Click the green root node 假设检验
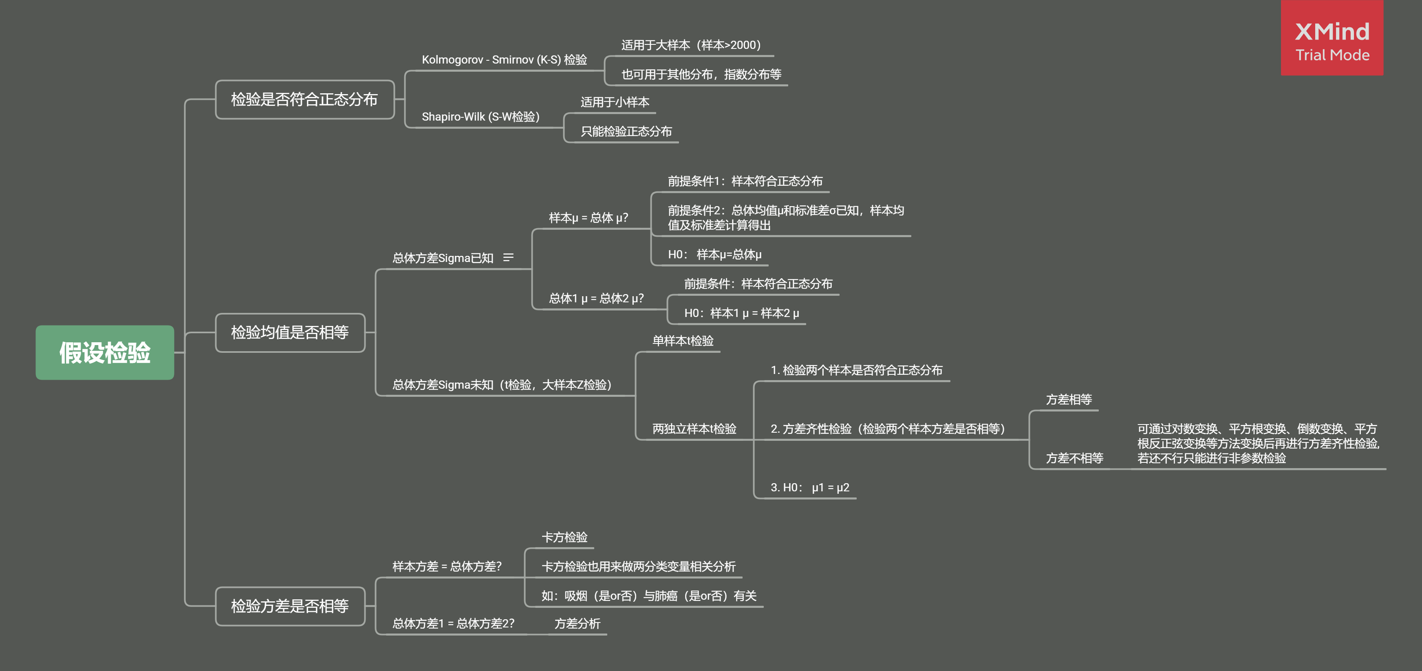[105, 352]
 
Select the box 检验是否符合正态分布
[304, 99]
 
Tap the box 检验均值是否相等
[290, 332]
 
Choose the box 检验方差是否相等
[290, 606]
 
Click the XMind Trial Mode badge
[1332, 39]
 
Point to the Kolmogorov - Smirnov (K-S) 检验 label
[504, 59]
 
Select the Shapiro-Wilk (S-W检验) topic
[480, 117]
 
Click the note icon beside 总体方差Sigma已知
[508, 258]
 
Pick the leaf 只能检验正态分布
[626, 131]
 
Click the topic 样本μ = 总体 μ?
[589, 218]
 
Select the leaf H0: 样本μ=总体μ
[714, 254]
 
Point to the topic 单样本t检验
[683, 341]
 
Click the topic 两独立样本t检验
[694, 429]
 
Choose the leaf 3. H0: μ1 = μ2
[809, 487]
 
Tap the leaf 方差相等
[1069, 400]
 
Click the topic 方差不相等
[1074, 458]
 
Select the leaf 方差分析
[577, 624]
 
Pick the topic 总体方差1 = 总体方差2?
[453, 624]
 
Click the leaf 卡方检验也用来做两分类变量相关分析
[638, 567]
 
